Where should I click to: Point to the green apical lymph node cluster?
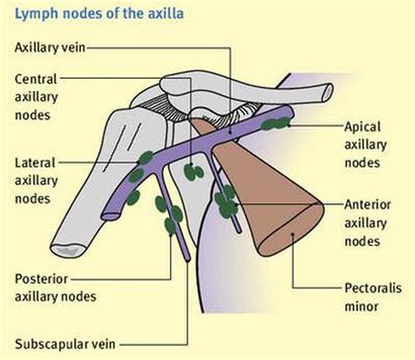point(278,120)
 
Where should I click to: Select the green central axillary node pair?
point(197,169)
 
